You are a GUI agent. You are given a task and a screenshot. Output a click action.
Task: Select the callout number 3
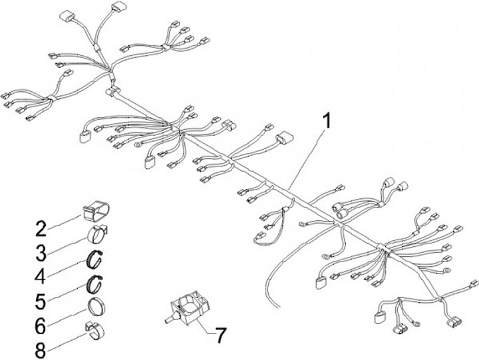pyautogui.click(x=41, y=252)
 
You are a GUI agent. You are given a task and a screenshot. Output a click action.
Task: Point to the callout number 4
pyautogui.click(x=41, y=275)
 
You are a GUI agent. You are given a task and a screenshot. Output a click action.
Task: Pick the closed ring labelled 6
pyautogui.click(x=98, y=308)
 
